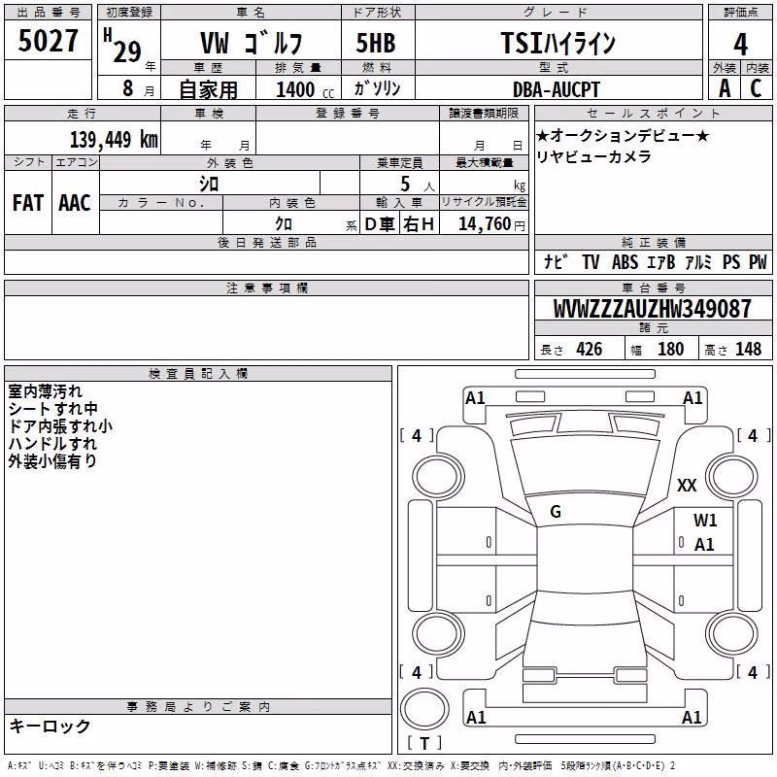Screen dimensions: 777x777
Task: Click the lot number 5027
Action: [48, 41]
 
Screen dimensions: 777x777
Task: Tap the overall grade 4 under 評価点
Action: [740, 45]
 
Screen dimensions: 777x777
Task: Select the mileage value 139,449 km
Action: [114, 140]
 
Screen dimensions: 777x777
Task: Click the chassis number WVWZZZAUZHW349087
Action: [652, 309]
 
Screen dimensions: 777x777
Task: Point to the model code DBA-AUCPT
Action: [556, 89]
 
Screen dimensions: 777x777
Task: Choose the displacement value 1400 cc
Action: [305, 89]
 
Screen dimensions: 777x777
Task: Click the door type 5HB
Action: [376, 43]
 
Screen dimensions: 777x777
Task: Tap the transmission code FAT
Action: [28, 203]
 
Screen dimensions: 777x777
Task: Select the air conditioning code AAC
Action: [75, 203]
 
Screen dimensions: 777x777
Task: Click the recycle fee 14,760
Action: [485, 224]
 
